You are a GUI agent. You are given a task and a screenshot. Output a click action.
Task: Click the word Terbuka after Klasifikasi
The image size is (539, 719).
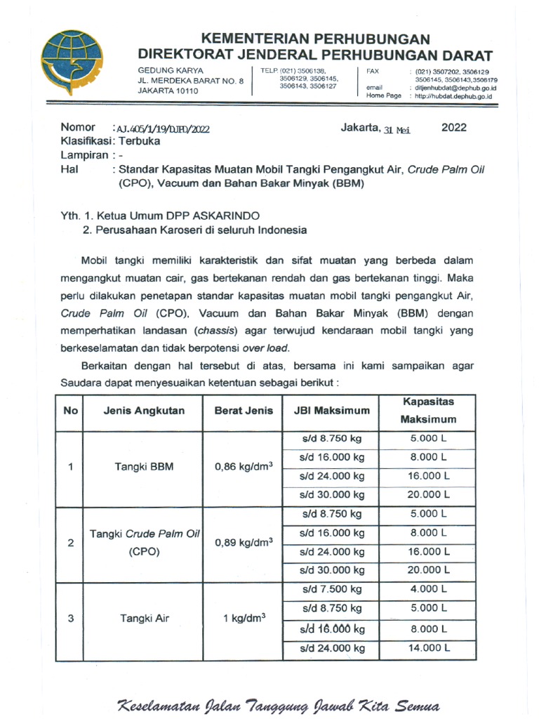click(139, 141)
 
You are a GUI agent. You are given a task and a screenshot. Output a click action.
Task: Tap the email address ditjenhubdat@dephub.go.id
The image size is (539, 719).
click(455, 88)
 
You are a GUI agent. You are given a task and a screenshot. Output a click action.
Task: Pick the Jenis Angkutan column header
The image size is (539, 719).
click(144, 410)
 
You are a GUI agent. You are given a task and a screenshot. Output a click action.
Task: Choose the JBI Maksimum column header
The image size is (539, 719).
click(331, 410)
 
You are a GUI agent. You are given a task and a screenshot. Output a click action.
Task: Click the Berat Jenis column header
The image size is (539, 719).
click(244, 410)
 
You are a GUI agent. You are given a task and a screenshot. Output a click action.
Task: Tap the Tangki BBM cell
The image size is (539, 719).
click(143, 468)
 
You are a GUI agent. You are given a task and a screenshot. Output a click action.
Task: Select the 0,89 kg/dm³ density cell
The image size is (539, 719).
click(244, 543)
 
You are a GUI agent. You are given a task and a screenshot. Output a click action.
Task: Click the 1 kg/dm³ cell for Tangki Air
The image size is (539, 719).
click(244, 619)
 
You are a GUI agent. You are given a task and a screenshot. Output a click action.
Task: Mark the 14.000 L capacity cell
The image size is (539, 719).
click(427, 648)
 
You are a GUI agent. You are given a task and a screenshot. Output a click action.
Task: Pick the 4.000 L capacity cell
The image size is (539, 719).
click(427, 589)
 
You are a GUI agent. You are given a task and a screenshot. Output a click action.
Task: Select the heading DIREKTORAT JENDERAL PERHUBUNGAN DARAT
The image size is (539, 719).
click(315, 55)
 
